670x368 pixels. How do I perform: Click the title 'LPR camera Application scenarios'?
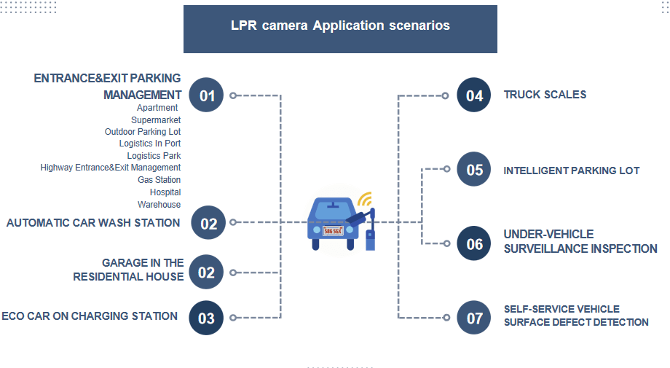(x=340, y=26)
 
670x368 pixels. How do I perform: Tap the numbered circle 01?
(x=207, y=95)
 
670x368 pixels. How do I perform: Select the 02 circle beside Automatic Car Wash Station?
(x=208, y=223)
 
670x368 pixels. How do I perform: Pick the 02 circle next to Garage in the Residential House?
(x=206, y=273)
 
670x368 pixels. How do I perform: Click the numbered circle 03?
(x=206, y=318)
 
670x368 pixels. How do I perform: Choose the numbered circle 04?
(x=474, y=95)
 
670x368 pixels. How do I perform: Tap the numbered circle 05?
(x=474, y=170)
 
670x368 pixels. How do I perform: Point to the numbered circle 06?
(x=474, y=243)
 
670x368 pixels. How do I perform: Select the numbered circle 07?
(x=474, y=318)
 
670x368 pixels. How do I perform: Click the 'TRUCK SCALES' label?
(x=545, y=95)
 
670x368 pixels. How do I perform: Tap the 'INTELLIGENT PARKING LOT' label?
(x=572, y=171)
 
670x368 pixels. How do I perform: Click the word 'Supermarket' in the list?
(x=156, y=120)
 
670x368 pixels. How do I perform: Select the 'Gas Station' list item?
(x=159, y=180)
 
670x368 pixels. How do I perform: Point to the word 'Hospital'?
(x=165, y=192)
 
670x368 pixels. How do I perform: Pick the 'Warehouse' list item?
(x=159, y=205)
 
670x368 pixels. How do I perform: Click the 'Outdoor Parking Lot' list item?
(x=143, y=132)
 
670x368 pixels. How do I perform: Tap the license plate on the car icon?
(x=333, y=230)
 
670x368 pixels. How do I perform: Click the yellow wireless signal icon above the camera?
(x=364, y=200)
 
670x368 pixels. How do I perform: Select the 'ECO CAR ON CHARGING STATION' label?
(x=90, y=316)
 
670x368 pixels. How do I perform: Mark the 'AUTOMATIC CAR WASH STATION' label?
(x=93, y=223)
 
